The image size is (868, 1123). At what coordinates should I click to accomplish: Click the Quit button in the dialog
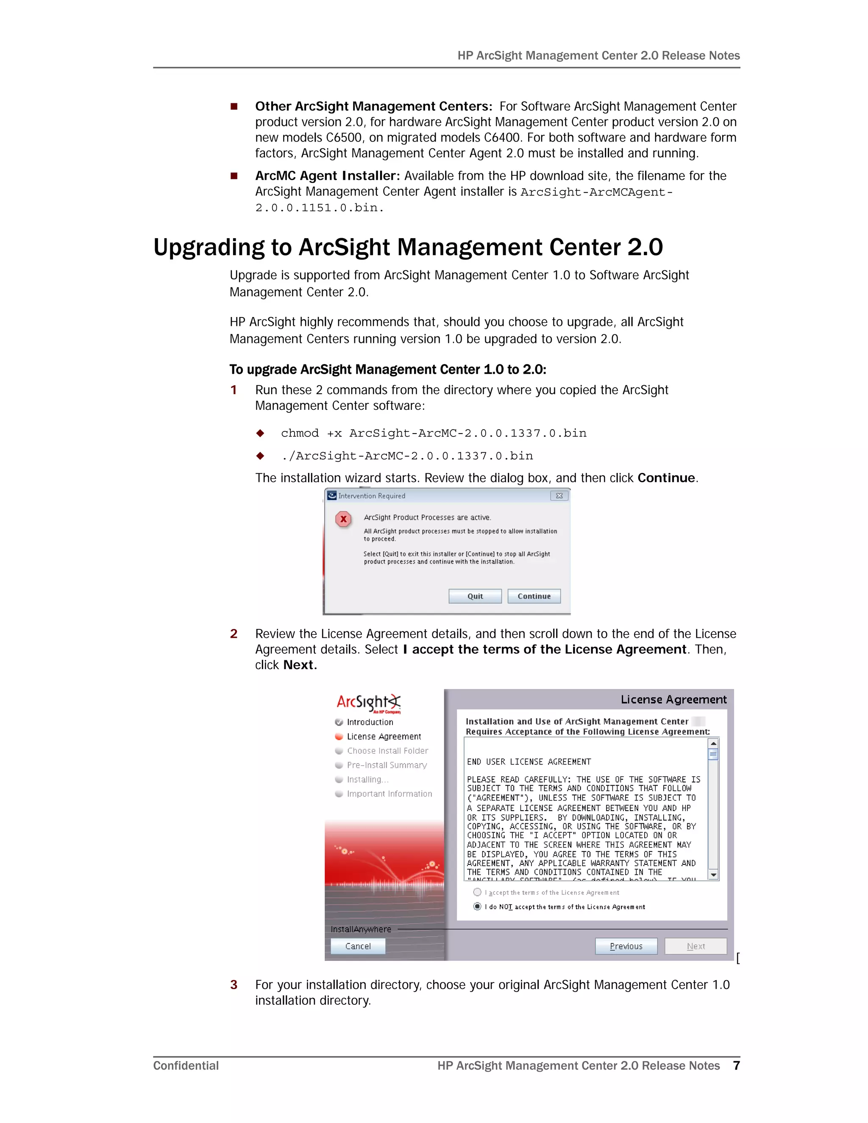point(475,596)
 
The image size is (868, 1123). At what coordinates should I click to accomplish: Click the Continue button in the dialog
point(534,596)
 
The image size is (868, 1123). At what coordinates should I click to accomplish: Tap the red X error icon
point(343,519)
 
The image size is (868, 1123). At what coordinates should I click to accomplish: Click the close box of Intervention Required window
point(559,496)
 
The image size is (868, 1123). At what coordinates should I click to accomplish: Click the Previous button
point(626,946)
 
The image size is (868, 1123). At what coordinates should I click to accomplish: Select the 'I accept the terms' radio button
point(477,892)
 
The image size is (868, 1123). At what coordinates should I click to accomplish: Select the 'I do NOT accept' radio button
point(477,906)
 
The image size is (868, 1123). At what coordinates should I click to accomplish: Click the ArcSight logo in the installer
point(368,702)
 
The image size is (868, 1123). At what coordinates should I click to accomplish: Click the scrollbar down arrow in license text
point(713,875)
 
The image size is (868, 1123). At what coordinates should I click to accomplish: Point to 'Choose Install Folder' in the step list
point(387,751)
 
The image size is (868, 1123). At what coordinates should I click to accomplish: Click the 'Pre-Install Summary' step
point(387,765)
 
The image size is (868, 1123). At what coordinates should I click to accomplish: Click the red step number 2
point(234,634)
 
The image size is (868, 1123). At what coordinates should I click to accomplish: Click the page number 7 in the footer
point(736,1065)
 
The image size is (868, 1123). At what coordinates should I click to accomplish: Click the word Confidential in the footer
point(186,1065)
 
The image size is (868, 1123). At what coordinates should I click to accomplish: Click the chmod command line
point(433,433)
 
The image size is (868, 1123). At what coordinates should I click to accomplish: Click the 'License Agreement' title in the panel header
point(673,699)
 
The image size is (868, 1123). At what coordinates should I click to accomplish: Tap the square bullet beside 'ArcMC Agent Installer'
point(234,176)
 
